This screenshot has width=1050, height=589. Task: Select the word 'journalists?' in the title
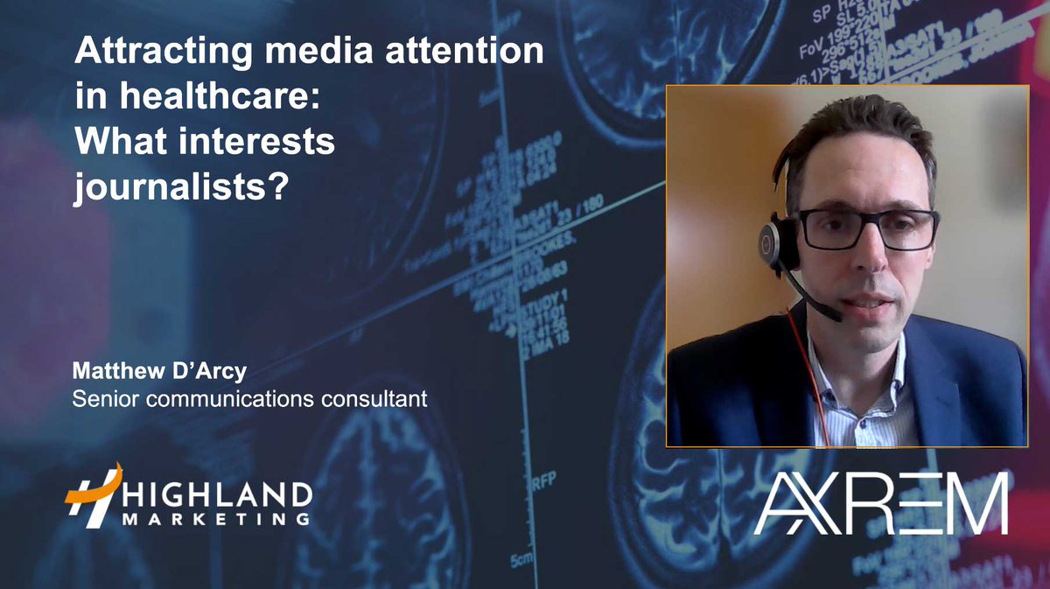pos(180,186)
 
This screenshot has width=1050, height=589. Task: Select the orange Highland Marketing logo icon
pos(92,495)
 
